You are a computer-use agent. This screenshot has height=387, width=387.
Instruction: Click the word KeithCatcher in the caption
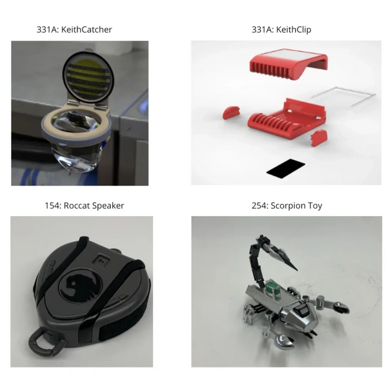click(x=86, y=30)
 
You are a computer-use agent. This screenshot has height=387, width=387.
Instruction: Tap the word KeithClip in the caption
click(x=293, y=30)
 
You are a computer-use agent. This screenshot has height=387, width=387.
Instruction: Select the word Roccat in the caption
click(x=76, y=206)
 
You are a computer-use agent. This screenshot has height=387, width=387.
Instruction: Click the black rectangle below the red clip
click(x=286, y=168)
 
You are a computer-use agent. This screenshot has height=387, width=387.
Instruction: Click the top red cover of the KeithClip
click(x=289, y=64)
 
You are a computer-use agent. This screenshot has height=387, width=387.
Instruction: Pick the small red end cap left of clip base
click(x=232, y=112)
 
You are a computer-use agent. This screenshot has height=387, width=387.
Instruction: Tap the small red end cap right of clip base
click(x=319, y=137)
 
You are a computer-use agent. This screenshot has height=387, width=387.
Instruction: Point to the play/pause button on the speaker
click(x=101, y=261)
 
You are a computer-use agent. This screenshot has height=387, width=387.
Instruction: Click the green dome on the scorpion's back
click(x=272, y=287)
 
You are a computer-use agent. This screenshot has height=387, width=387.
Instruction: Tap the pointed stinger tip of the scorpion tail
click(x=297, y=270)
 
